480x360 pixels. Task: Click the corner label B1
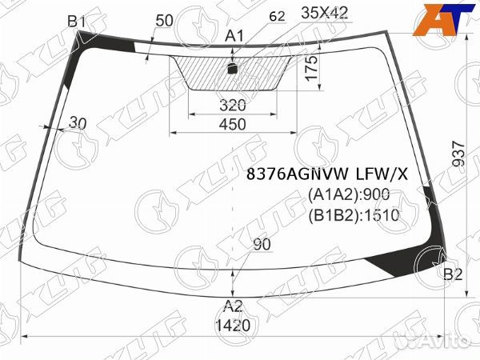(x=76, y=22)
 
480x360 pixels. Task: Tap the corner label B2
(x=453, y=274)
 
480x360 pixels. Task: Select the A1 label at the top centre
(x=234, y=36)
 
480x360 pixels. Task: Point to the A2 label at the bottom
(x=233, y=306)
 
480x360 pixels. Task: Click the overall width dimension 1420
(x=233, y=325)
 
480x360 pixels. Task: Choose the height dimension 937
(x=458, y=154)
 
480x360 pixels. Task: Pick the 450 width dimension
(x=232, y=124)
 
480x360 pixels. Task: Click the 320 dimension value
(x=233, y=106)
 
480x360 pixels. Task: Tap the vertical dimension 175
(x=312, y=68)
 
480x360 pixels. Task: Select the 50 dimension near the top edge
(x=164, y=21)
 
